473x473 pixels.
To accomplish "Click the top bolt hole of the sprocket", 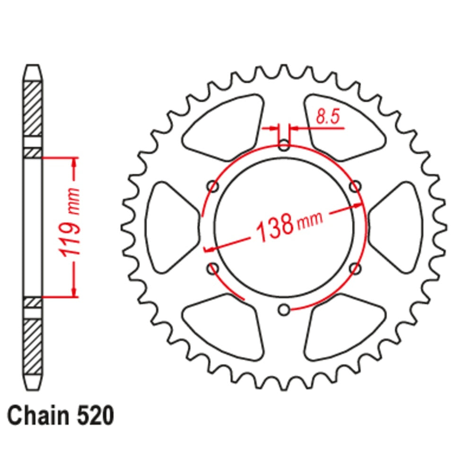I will [284, 145].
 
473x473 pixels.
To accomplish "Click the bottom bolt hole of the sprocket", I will [284, 310].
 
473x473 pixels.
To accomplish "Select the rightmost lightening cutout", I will [397, 227].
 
